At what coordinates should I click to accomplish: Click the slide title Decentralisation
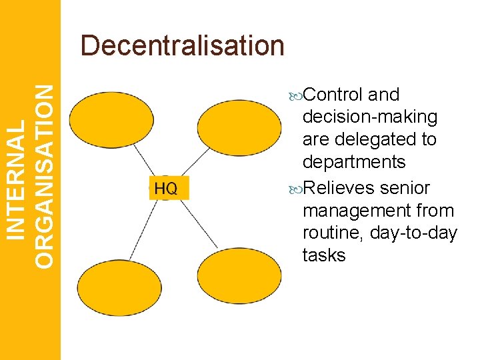(182, 45)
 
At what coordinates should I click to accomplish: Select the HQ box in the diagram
(166, 189)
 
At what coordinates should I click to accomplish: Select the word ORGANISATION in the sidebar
(44, 177)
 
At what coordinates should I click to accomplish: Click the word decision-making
(370, 117)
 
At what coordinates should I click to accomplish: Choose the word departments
(354, 162)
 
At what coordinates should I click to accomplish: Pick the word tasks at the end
(324, 255)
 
